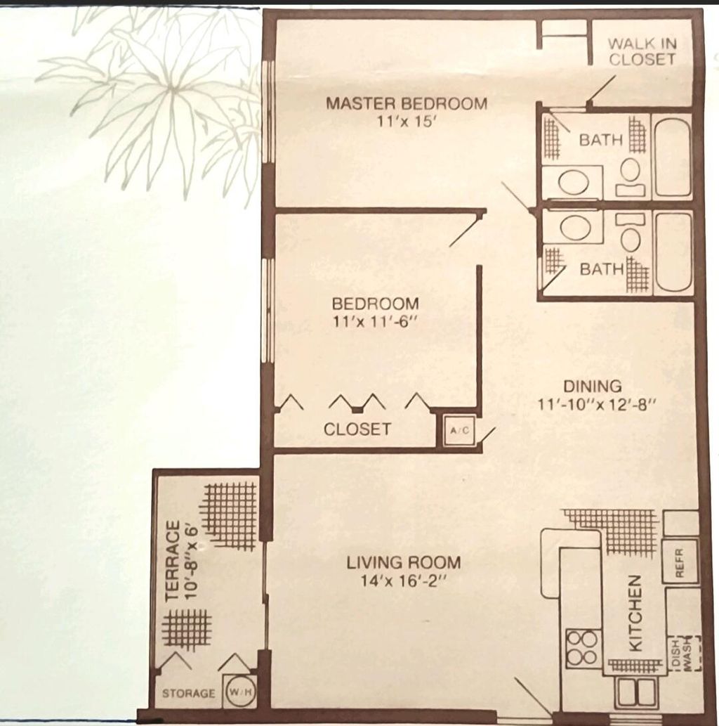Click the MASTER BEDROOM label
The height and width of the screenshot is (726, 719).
[x=406, y=103]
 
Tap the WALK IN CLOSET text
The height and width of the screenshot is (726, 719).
[x=642, y=51]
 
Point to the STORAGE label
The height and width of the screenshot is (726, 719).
[x=189, y=694]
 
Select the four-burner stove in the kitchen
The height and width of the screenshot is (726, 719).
[x=582, y=647]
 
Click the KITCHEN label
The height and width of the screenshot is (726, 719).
[x=634, y=613]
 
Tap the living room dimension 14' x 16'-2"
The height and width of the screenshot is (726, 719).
[x=403, y=581]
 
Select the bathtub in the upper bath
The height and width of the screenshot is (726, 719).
[x=673, y=158]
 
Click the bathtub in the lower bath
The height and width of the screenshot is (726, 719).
[x=673, y=252]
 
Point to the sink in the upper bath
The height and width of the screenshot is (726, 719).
[x=574, y=183]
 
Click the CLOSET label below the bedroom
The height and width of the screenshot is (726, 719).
[x=357, y=429]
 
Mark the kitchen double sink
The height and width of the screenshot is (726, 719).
[x=635, y=693]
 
